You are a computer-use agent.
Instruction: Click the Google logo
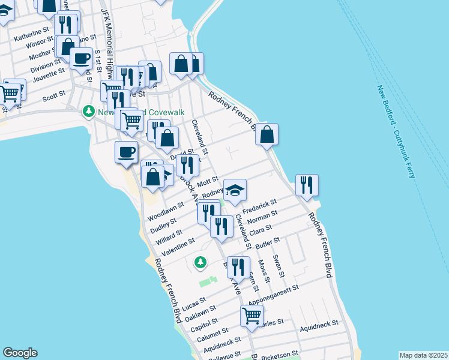click(20, 353)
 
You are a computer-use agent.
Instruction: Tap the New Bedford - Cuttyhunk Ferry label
click(397, 131)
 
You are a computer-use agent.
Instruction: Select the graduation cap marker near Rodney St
click(235, 190)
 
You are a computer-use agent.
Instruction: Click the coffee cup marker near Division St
click(81, 59)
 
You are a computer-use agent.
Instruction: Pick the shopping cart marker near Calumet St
click(252, 315)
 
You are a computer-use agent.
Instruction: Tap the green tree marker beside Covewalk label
click(89, 112)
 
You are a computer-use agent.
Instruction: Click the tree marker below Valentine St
click(200, 262)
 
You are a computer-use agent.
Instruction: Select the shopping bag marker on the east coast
click(267, 134)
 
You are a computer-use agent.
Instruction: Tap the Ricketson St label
click(278, 354)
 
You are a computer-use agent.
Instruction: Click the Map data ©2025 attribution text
click(423, 355)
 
